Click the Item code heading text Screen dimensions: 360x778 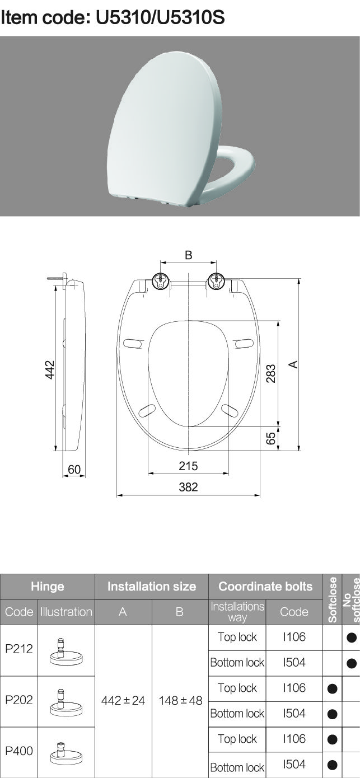(113, 17)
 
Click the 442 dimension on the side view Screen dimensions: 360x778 (50, 370)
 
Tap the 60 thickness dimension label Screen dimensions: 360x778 (74, 470)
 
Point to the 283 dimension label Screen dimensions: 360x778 (271, 373)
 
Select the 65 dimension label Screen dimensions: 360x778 (271, 438)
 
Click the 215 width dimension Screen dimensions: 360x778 (188, 466)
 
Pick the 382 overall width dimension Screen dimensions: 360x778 (188, 487)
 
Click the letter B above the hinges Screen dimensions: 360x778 (188, 255)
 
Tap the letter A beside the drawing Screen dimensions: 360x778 (293, 364)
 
